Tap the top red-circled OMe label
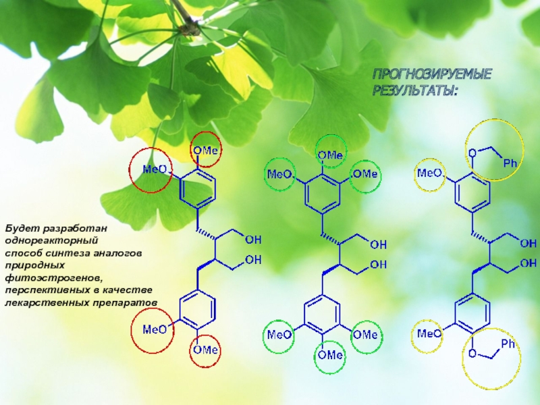click(x=205, y=151)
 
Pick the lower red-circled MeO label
click(x=154, y=329)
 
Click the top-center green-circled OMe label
click(x=331, y=155)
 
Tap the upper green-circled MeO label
click(x=281, y=174)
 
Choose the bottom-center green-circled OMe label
click(x=331, y=354)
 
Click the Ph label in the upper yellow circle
click(x=510, y=163)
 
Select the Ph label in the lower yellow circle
click(x=508, y=344)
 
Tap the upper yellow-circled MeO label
click(x=429, y=173)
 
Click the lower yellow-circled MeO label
click(x=429, y=333)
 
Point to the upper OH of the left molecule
click(x=254, y=240)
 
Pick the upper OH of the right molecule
click(x=530, y=240)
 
